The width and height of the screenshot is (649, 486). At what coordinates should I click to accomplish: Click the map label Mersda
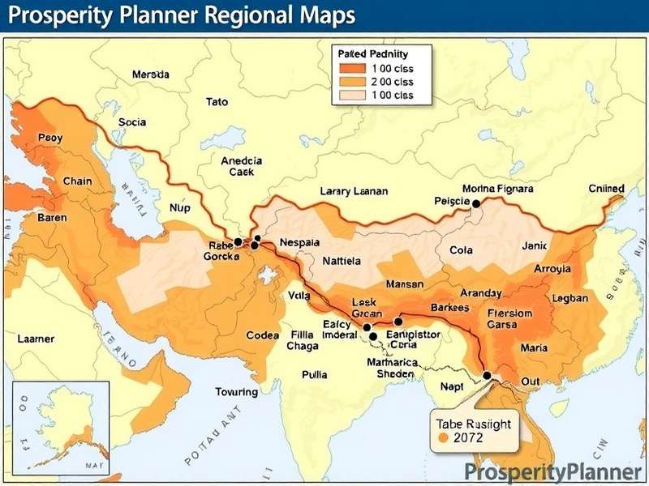150,74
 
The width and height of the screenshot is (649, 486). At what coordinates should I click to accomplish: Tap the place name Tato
217,102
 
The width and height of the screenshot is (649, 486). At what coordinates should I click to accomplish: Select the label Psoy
49,138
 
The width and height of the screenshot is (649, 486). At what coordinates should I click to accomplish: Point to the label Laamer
36,338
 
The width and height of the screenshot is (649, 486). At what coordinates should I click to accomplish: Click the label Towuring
236,392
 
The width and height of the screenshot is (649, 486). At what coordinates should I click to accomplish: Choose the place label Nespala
299,242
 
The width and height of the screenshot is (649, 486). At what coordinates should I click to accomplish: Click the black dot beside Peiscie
476,204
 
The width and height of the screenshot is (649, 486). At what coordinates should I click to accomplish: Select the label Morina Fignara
497,189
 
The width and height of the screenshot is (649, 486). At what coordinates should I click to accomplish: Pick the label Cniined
606,189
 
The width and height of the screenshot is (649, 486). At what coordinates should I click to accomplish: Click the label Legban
569,298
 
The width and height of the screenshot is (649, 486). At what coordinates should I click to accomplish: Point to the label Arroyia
552,269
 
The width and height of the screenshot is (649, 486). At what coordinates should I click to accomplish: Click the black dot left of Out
487,376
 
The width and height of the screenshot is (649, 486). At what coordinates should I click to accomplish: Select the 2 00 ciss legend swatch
350,81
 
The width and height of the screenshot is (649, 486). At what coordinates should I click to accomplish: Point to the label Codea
262,335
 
